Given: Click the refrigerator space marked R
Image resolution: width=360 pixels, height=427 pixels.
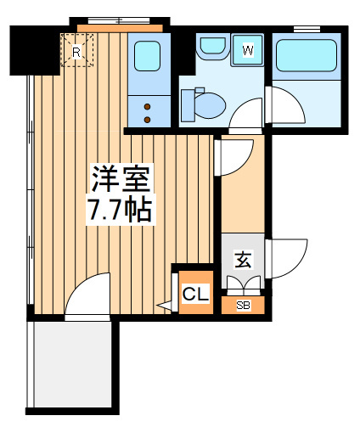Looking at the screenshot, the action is [76, 50].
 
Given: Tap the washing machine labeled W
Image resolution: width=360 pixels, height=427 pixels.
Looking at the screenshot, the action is [247, 50].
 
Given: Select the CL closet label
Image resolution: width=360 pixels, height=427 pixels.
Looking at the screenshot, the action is [195, 294].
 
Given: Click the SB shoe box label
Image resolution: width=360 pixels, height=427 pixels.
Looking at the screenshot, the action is [243, 306].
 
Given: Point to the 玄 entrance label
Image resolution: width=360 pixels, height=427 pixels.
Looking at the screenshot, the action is [243, 259].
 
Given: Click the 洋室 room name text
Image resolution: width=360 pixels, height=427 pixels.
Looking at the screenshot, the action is [121, 179].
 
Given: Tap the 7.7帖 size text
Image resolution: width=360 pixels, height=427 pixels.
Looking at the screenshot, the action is [120, 210].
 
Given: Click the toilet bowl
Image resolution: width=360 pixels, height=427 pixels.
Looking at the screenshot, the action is [210, 105].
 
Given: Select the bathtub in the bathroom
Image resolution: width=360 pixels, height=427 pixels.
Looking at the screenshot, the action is [307, 55].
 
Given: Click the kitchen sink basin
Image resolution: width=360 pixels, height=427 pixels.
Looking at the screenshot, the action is [147, 56].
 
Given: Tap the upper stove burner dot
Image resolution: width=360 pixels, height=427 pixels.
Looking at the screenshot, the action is [147, 107].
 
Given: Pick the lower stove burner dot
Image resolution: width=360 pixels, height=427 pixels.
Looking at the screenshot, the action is [147, 120].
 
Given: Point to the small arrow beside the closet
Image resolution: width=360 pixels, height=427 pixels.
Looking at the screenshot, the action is [164, 306].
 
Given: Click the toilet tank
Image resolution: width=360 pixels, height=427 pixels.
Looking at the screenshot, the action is [188, 105].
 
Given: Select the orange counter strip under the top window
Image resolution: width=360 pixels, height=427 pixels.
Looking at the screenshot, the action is [120, 28].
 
